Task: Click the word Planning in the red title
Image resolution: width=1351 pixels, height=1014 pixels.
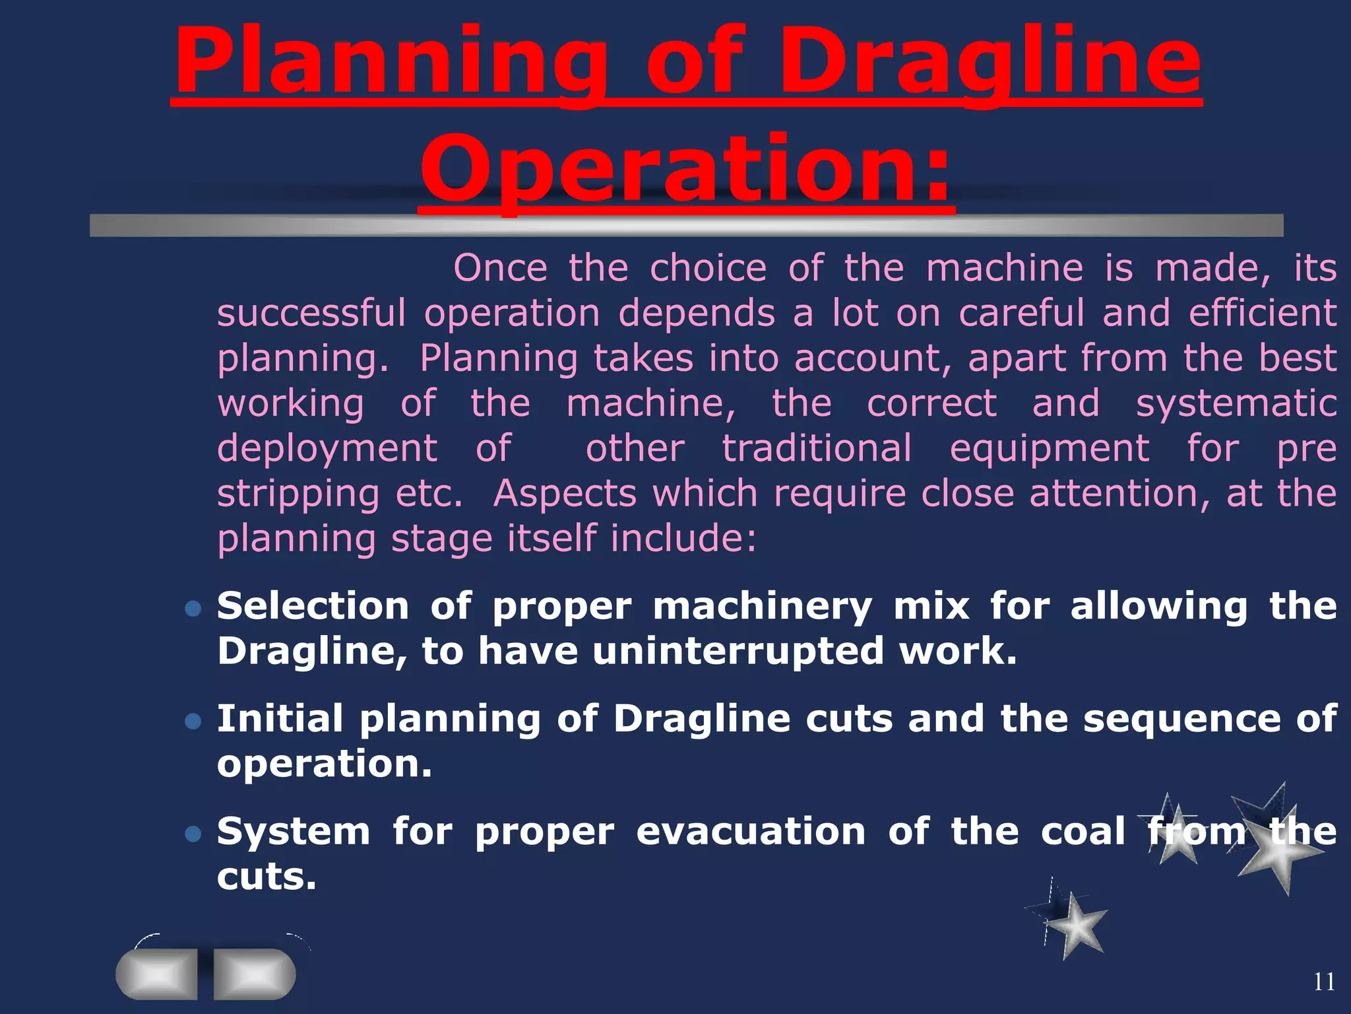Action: click(x=389, y=63)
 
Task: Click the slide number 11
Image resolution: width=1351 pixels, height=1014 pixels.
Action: click(x=1324, y=982)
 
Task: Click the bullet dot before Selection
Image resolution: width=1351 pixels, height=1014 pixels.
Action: click(x=193, y=608)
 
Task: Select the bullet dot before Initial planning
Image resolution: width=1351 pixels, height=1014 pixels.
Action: click(x=193, y=720)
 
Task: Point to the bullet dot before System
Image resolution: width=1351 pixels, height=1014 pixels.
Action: click(x=193, y=833)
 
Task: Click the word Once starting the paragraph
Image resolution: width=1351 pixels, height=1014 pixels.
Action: click(x=500, y=268)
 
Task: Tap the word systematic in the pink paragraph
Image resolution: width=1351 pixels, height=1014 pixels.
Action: click(x=1236, y=403)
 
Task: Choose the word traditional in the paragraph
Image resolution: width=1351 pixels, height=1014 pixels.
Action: click(x=817, y=448)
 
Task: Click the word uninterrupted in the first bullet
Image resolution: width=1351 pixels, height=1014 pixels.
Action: click(x=738, y=652)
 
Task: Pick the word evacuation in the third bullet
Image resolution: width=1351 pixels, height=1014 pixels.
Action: click(x=750, y=832)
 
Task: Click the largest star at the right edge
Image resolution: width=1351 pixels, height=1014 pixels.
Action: click(x=1280, y=848)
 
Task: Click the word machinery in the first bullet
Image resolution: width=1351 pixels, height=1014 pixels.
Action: click(x=762, y=606)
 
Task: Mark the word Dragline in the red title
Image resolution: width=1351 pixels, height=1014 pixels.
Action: click(x=990, y=63)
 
